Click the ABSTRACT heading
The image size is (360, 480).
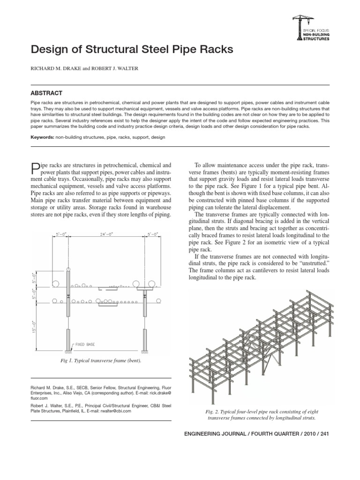point(46,93)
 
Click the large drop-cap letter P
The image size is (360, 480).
point(34,168)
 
